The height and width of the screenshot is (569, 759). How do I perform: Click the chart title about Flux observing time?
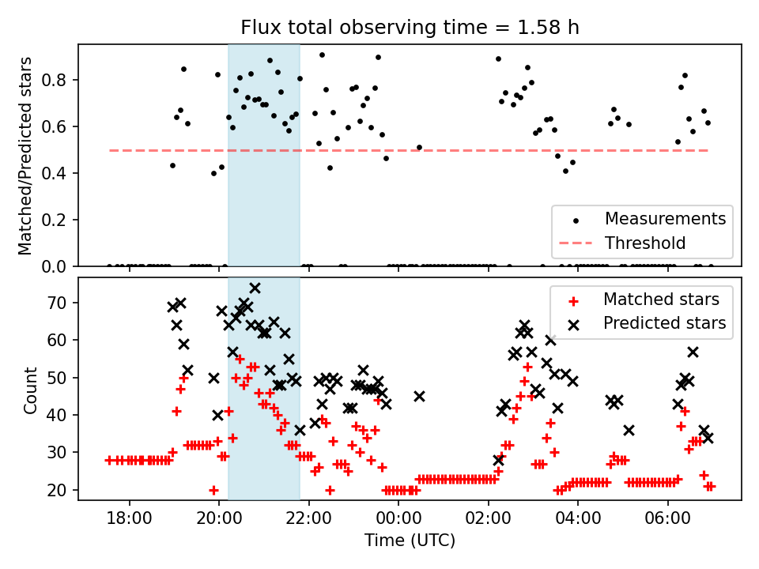pos(410,28)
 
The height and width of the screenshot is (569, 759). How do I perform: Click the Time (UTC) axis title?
pos(410,541)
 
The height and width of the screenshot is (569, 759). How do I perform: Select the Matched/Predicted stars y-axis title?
pos(25,155)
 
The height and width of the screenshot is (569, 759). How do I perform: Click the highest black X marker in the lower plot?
pos(255,288)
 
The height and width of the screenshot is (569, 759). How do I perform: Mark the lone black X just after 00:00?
pos(419,396)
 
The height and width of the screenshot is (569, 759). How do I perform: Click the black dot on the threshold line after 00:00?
pos(419,147)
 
